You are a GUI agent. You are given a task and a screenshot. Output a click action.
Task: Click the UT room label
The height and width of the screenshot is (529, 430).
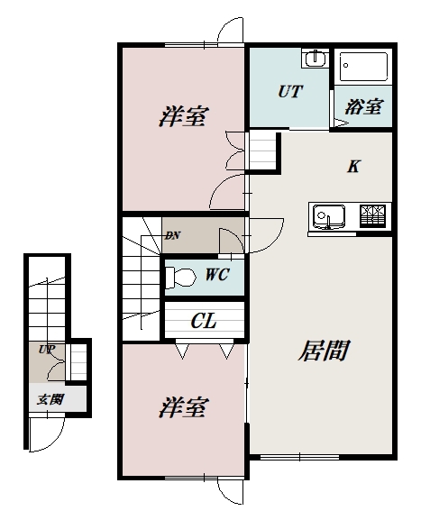click(x=290, y=91)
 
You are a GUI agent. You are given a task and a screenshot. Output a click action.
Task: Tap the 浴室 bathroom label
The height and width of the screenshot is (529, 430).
click(x=363, y=106)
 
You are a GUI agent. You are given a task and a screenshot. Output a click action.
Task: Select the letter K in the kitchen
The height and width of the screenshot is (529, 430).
click(x=353, y=166)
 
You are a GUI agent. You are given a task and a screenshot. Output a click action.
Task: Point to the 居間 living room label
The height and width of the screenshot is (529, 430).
click(x=324, y=351)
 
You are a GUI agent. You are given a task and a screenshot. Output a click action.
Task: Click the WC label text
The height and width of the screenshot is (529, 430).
click(x=217, y=275)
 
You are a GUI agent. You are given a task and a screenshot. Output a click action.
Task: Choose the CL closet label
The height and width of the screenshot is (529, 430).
click(x=204, y=321)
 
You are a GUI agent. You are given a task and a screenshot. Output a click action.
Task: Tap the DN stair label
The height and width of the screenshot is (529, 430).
click(x=172, y=235)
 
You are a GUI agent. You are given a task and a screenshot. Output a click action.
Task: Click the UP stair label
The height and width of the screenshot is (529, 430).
click(x=47, y=349)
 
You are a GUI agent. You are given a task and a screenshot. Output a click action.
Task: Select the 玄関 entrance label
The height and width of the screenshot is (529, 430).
click(x=50, y=399)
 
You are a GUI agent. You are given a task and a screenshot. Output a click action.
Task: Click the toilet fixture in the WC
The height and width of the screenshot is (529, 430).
click(x=180, y=278)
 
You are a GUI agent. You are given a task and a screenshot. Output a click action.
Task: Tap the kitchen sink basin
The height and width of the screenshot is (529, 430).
click(x=329, y=216)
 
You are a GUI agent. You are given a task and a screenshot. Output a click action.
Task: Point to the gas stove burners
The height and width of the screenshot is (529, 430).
click(x=372, y=216)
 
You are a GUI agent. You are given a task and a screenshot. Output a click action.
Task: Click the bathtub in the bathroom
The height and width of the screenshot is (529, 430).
click(x=363, y=67)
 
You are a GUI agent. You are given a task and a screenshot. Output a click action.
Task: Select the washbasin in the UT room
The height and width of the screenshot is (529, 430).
click(x=316, y=59)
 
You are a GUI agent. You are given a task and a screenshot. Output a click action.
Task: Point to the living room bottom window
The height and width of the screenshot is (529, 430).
click(x=299, y=457)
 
